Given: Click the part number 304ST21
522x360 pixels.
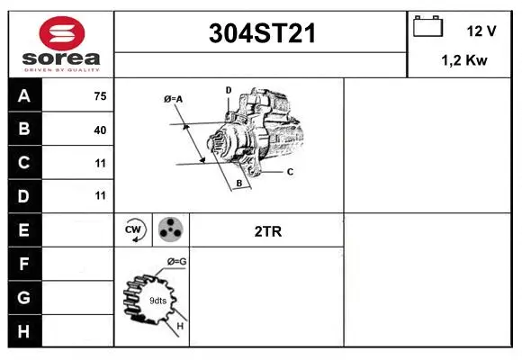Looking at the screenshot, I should click(x=261, y=34).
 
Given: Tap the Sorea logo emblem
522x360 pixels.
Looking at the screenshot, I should click(x=61, y=35).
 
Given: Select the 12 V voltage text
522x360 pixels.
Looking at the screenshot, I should click(x=481, y=31).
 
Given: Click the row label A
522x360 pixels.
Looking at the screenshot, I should click(x=24, y=96).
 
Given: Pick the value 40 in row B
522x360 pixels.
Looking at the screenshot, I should click(x=100, y=130).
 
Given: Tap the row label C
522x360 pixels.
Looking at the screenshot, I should click(x=24, y=163).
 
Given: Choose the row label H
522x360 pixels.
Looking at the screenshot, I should click(x=24, y=330).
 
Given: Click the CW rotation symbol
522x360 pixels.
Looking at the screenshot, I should click(x=133, y=230).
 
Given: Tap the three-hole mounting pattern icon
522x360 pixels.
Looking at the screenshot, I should click(x=170, y=230).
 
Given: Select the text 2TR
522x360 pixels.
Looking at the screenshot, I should click(x=268, y=231).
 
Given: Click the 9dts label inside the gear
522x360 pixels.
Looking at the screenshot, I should click(x=157, y=300).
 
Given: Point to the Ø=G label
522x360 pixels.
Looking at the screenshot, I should click(x=176, y=262).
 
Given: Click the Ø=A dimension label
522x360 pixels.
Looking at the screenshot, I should click(x=174, y=99).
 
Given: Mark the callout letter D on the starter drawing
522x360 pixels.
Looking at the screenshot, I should click(x=229, y=90).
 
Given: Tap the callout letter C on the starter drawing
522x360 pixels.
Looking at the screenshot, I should click(x=290, y=171).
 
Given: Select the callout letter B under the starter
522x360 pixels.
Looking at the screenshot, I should click(x=238, y=184).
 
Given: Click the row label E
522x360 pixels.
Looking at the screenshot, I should click(x=24, y=230).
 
